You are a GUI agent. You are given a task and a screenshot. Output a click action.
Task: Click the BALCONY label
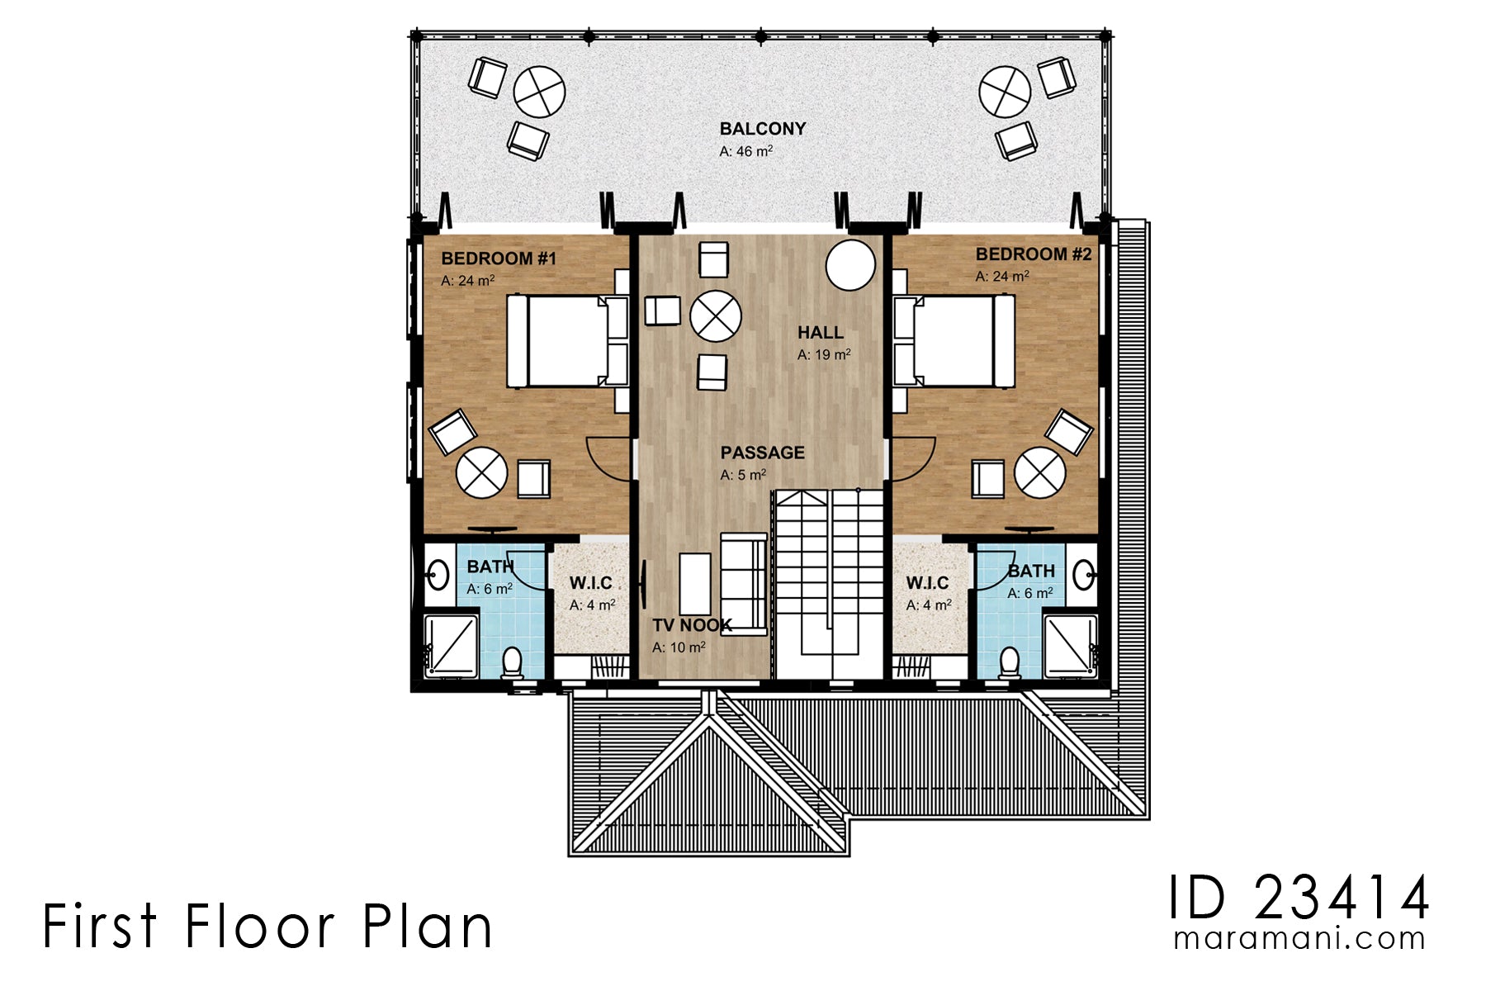coord(762,129)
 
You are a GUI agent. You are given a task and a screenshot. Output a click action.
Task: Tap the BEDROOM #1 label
coord(499,258)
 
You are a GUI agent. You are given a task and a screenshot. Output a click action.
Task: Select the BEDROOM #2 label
coord(1034,254)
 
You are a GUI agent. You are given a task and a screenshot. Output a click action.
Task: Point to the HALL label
coord(820,333)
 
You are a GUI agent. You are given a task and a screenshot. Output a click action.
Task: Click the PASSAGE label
coord(762,453)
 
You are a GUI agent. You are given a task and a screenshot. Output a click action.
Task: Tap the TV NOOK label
coord(692,625)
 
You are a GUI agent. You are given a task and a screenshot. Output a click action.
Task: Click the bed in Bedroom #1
coord(567,341)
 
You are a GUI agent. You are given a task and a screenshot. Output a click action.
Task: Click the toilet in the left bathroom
coord(512,663)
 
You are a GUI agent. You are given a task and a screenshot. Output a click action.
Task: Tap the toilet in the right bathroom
coord(1009,663)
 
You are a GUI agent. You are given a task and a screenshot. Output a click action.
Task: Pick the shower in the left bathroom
coord(452,645)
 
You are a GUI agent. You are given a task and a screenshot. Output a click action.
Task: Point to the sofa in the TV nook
coord(744,585)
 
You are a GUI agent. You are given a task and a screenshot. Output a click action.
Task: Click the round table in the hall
coord(715,316)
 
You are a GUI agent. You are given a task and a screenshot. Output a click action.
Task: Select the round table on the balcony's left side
coord(539,92)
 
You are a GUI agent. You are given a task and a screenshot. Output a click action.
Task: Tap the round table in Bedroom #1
coord(481,472)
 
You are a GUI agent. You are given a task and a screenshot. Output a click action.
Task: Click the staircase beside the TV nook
coord(828,584)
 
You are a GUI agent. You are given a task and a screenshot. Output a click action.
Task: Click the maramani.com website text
coord(1299,939)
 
